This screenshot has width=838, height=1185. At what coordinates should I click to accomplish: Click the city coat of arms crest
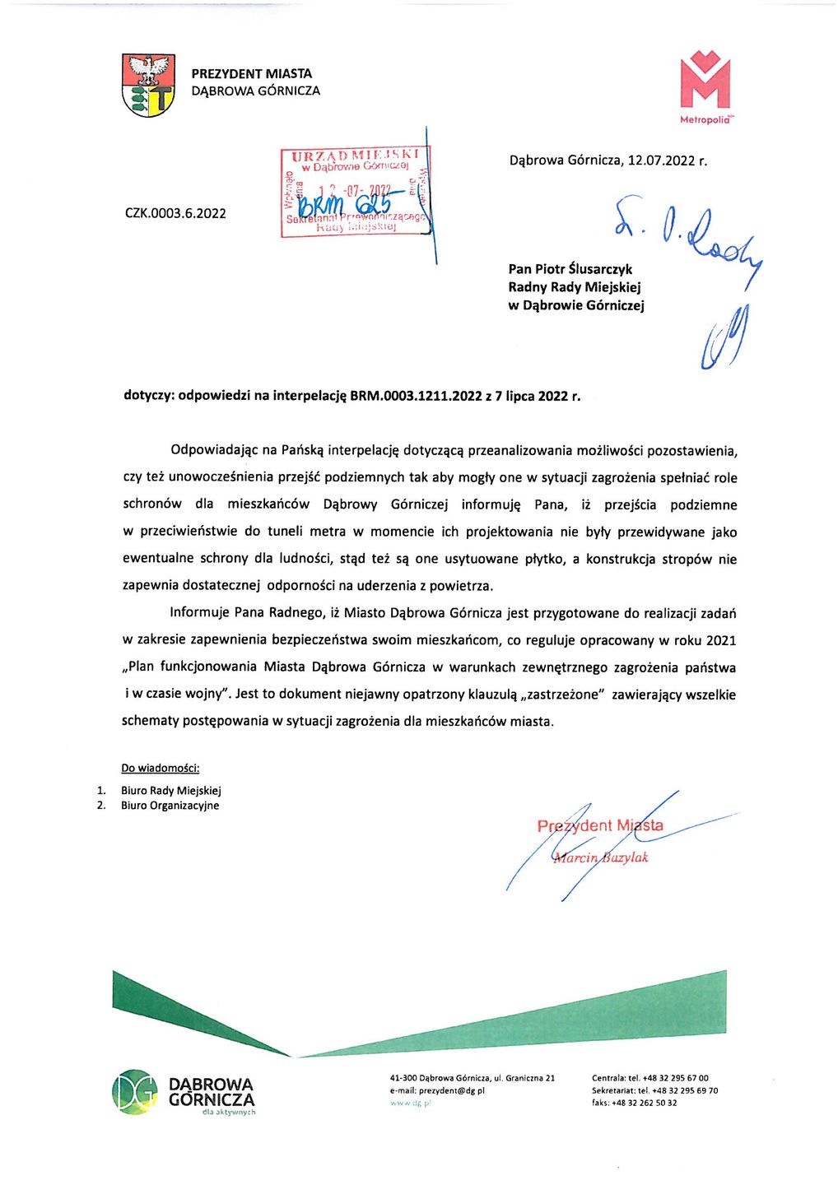pyautogui.click(x=148, y=85)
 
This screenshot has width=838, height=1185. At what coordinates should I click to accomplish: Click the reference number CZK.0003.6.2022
pyautogui.click(x=175, y=213)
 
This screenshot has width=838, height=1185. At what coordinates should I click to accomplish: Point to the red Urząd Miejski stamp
pyautogui.click(x=355, y=192)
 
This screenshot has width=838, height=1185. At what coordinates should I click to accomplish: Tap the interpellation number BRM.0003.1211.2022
pyautogui.click(x=416, y=396)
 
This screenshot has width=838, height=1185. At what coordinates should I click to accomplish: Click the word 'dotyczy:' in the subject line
pyautogui.click(x=149, y=396)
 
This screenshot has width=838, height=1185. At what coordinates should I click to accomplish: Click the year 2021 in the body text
pyautogui.click(x=720, y=640)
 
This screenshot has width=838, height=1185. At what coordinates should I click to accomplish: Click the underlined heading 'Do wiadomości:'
pyautogui.click(x=161, y=768)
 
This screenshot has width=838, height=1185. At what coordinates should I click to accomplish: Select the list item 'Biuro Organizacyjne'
pyautogui.click(x=170, y=806)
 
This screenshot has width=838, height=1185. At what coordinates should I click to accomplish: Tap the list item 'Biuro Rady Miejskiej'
pyautogui.click(x=170, y=791)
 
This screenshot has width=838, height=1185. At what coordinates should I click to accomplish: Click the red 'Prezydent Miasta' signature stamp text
pyautogui.click(x=599, y=825)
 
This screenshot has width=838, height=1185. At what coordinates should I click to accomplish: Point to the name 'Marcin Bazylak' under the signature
pyautogui.click(x=600, y=857)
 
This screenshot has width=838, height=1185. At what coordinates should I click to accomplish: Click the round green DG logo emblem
pyautogui.click(x=134, y=1092)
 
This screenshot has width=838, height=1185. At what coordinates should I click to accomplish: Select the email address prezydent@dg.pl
pyautogui.click(x=451, y=1090)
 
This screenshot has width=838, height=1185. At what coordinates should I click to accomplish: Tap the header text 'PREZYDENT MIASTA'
pyautogui.click(x=251, y=74)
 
